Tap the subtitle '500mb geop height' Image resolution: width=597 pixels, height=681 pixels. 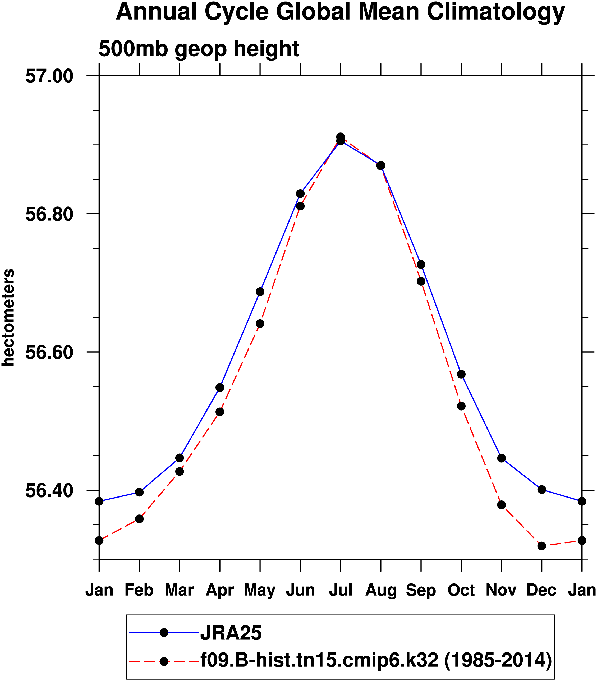pyautogui.click(x=199, y=49)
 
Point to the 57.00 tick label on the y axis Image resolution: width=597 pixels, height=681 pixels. pyautogui.click(x=49, y=76)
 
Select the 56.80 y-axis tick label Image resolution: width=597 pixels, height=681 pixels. pyautogui.click(x=49, y=214)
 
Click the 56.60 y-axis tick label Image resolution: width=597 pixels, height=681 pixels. pyautogui.click(x=49, y=352)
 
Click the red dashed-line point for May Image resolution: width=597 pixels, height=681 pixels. pyautogui.click(x=260, y=324)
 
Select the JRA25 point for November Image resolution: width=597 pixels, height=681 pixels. pyautogui.click(x=501, y=458)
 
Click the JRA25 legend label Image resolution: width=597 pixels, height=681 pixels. pyautogui.click(x=231, y=633)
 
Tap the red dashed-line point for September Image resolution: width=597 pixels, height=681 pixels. pyautogui.click(x=421, y=281)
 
